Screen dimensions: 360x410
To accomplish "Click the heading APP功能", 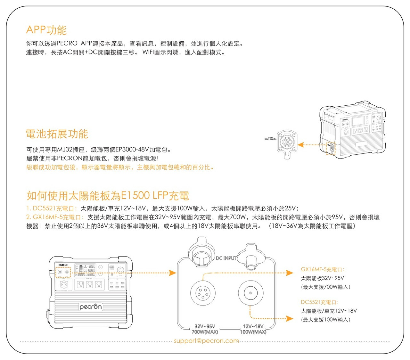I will pyautogui.click(x=46, y=30).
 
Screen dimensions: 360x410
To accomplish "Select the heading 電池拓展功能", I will pyautogui.click(x=57, y=134).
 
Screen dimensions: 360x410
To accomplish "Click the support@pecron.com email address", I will pyautogui.click(x=206, y=341).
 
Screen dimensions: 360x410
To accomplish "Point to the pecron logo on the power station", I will pyautogui.click(x=91, y=307).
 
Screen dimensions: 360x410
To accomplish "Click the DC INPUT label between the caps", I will pyautogui.click(x=226, y=258).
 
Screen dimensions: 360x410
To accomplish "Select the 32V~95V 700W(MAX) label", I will pyautogui.click(x=205, y=329).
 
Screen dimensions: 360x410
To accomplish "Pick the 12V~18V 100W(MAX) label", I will pyautogui.click(x=253, y=329).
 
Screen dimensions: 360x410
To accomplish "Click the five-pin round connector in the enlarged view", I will pyautogui.click(x=203, y=293).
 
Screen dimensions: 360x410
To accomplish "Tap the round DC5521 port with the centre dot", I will pyautogui.click(x=250, y=293).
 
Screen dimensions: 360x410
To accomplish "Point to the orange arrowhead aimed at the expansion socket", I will pyautogui.click(x=300, y=145).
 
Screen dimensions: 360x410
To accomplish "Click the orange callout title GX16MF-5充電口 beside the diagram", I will pyautogui.click(x=323, y=269).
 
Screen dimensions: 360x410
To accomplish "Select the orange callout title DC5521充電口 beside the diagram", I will pyautogui.click(x=319, y=302).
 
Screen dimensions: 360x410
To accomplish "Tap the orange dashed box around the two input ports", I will pyautogui.click(x=63, y=272).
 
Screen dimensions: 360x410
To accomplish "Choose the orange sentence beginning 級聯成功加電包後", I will pyautogui.click(x=120, y=167).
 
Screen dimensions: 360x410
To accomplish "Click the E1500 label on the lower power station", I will pyautogui.click(x=61, y=265).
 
